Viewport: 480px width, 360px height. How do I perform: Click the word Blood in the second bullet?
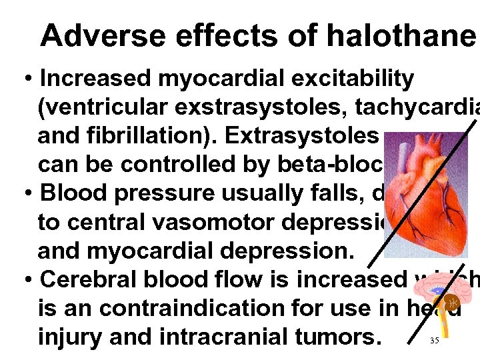pyautogui.click(x=72, y=193)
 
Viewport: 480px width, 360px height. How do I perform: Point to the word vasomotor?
pyautogui.click(x=201, y=222)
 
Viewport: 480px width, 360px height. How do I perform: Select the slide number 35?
pyautogui.click(x=434, y=341)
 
